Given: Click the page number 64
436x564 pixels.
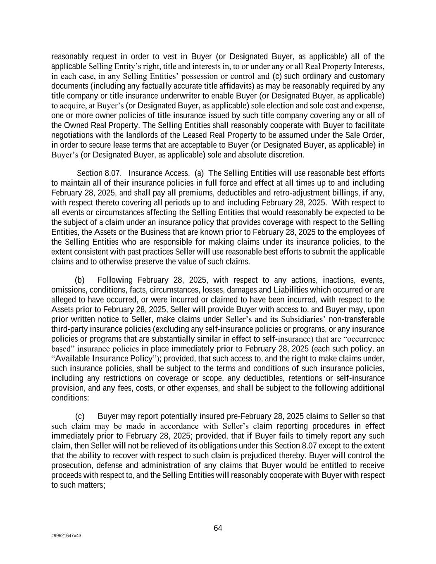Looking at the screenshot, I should pyautogui.click(x=218, y=528).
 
